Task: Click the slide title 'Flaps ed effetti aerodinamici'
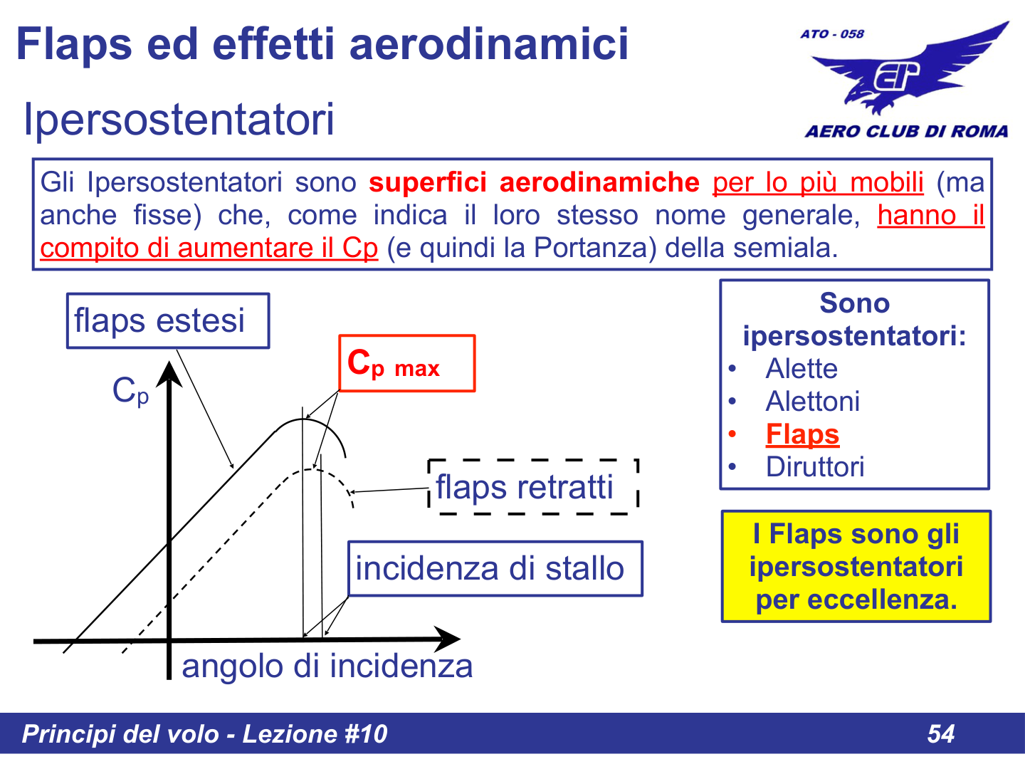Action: [x=322, y=43]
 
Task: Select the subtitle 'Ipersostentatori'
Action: [x=179, y=119]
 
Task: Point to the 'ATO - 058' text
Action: [x=831, y=33]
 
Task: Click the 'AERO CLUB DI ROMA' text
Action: [x=906, y=131]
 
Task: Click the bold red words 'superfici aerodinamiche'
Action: [x=534, y=183]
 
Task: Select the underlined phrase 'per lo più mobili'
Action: [x=818, y=183]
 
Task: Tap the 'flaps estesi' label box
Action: [x=168, y=320]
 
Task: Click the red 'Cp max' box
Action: [x=406, y=363]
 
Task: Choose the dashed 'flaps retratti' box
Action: [x=533, y=487]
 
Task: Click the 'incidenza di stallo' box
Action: [x=495, y=568]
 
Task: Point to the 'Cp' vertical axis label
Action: [x=131, y=391]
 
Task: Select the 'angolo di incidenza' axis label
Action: [x=327, y=666]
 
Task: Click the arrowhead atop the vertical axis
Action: [x=169, y=373]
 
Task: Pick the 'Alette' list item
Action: [x=801, y=369]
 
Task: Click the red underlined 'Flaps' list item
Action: [x=802, y=434]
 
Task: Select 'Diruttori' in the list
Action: [x=815, y=467]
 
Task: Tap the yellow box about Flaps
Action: [x=856, y=566]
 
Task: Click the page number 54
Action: [x=940, y=733]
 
